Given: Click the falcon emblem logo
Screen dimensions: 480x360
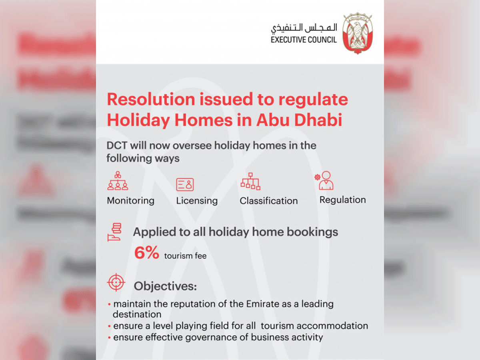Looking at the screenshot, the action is tap(358, 33).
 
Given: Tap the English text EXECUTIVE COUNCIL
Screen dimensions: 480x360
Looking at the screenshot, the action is tap(304, 40).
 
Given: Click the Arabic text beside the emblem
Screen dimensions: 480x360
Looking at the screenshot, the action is tap(304, 28).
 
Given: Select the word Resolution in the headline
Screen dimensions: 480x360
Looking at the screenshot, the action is tap(151, 100).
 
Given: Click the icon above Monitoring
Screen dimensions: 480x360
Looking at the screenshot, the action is tap(118, 180).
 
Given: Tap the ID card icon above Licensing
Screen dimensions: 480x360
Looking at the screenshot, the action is tap(185, 184).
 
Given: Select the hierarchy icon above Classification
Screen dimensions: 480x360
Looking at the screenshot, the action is tap(250, 182).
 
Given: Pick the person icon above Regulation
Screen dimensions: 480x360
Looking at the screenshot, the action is tap(324, 180).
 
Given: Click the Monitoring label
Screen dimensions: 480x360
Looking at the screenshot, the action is tap(130, 201).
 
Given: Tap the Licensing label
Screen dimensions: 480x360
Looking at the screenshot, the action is tap(197, 201).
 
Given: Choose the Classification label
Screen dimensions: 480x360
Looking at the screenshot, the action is tap(269, 201).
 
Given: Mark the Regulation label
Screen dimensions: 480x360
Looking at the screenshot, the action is tap(343, 200).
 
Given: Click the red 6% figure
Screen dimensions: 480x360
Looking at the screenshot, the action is tap(146, 253).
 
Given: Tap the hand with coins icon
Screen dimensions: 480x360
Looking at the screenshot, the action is tap(114, 232).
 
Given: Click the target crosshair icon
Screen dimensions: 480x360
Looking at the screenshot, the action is tap(116, 282).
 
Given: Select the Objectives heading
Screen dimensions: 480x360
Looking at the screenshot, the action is tap(165, 286).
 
